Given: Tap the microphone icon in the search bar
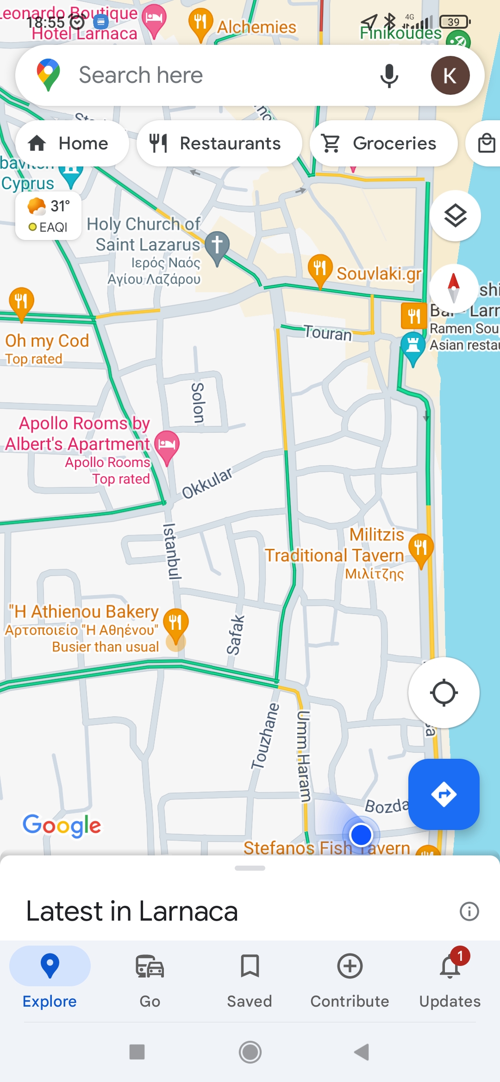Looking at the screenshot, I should [x=389, y=75].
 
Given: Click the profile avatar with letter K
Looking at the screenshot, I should [x=450, y=75].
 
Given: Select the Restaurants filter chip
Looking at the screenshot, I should [x=219, y=143].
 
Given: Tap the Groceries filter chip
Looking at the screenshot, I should [x=383, y=143].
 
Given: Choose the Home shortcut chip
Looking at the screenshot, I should [x=72, y=143].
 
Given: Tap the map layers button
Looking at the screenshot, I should [x=455, y=215].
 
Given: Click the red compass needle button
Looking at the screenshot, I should [x=454, y=288].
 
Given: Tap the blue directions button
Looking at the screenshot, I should [x=444, y=794].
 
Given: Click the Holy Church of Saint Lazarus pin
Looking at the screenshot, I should [x=217, y=246].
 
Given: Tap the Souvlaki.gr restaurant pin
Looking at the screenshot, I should [x=320, y=269].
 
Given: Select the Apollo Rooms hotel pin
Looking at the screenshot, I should [x=167, y=445].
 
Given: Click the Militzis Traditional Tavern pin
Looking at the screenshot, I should [x=421, y=548].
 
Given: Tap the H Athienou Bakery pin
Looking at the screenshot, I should [x=176, y=623].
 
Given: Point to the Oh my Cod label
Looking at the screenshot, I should [x=47, y=341].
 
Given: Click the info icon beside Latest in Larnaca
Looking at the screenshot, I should [x=469, y=911].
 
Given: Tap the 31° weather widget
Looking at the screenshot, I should [x=49, y=216].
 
